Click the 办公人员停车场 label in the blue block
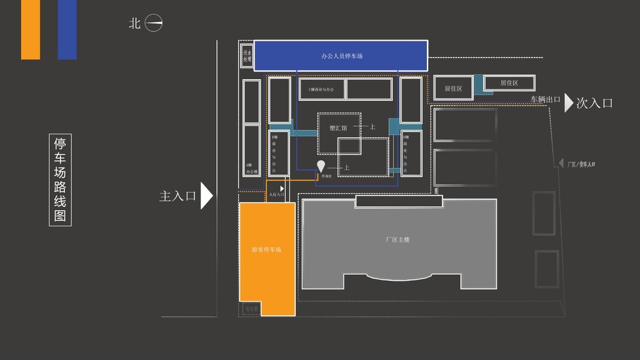point(342,56)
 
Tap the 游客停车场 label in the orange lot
point(266,250)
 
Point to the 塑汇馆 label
point(338,127)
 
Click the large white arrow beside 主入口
point(206,196)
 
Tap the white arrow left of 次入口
point(569,103)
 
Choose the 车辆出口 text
point(545,100)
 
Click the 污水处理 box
point(246,56)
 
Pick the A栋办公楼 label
point(252,167)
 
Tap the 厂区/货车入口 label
point(581,164)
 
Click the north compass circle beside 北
point(154,23)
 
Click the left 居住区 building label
point(453,89)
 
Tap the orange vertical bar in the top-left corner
point(31,29)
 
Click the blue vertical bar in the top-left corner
point(67,29)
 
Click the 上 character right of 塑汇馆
point(372,127)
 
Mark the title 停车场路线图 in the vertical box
point(60,179)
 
